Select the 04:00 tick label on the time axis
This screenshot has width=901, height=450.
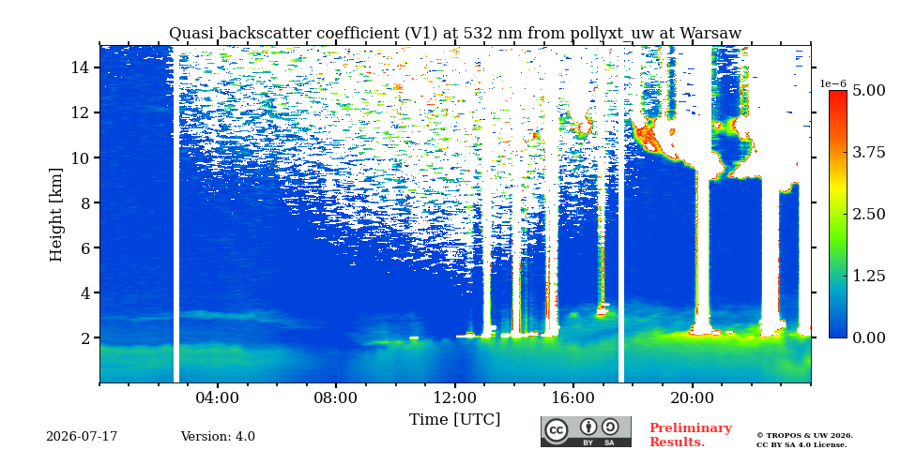pyautogui.click(x=218, y=398)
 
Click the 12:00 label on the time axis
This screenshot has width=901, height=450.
pyautogui.click(x=454, y=398)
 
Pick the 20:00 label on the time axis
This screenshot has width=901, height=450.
pyautogui.click(x=692, y=398)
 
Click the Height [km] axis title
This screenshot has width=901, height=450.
pyautogui.click(x=55, y=215)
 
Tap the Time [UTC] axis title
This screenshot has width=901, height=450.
pyautogui.click(x=454, y=419)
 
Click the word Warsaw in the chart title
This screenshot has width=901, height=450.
pyautogui.click(x=710, y=34)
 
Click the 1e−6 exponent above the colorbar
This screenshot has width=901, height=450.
pyautogui.click(x=832, y=83)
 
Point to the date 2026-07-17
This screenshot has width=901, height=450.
pyautogui.click(x=82, y=437)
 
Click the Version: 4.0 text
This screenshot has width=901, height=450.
pyautogui.click(x=218, y=437)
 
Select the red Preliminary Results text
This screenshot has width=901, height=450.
pyautogui.click(x=691, y=435)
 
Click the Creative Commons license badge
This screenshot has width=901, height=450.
pyautogui.click(x=586, y=431)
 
